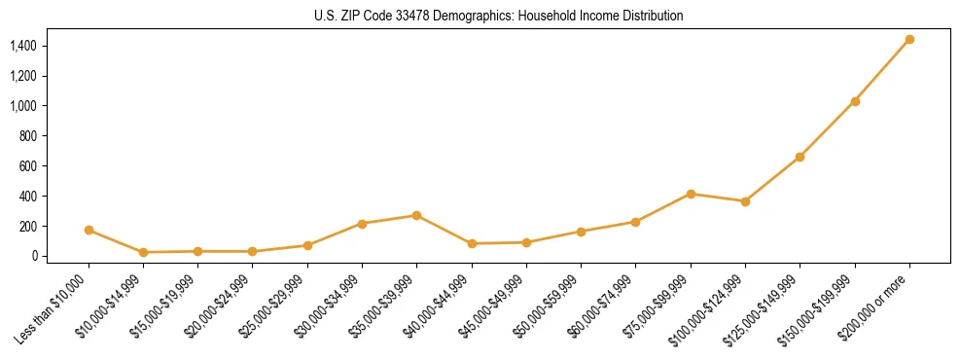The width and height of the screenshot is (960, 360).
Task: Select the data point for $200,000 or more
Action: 909,40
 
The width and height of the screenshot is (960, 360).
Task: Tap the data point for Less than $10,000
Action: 89,231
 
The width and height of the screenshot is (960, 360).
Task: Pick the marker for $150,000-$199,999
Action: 855,101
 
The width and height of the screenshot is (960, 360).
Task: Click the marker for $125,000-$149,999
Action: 800,157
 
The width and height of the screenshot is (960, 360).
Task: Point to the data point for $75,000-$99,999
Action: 691,194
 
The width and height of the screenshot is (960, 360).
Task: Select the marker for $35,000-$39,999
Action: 416,215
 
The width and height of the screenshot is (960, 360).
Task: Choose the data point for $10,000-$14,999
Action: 143,252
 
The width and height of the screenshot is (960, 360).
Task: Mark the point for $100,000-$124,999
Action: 745,201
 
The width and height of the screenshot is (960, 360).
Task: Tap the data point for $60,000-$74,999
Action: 635,222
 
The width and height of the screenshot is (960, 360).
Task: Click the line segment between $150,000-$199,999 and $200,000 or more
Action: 882,70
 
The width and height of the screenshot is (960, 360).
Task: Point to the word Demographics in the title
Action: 452,16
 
